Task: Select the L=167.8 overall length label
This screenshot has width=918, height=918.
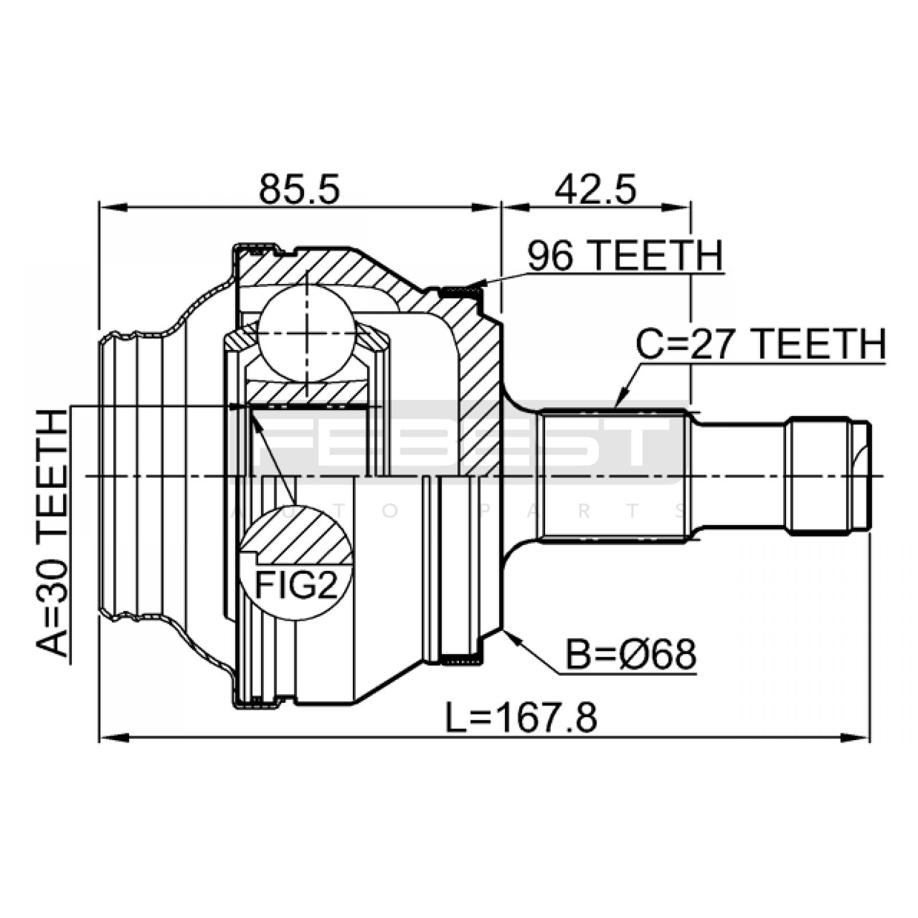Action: [x=522, y=718]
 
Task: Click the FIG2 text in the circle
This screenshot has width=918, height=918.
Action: [x=296, y=586]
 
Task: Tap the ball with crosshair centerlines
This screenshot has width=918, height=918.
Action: [x=306, y=333]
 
